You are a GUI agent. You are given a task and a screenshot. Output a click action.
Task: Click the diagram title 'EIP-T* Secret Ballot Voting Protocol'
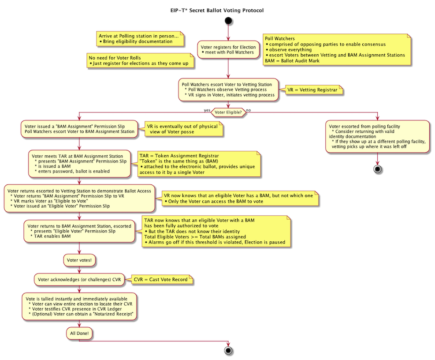click(217, 10)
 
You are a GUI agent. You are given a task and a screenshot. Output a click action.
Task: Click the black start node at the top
click(228, 21)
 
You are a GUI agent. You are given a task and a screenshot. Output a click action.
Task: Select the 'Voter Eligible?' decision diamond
click(228, 112)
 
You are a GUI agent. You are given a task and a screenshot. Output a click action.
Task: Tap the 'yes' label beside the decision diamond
click(207, 109)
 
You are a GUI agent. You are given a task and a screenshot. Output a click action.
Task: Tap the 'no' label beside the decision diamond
click(249, 109)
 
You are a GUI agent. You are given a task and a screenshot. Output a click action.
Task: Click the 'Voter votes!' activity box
click(79, 260)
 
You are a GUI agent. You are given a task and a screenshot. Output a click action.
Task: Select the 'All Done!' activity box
click(79, 334)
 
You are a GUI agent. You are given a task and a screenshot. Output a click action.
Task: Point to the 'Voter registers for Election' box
click(228, 49)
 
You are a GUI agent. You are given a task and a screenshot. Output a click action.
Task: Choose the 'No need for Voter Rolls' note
click(140, 60)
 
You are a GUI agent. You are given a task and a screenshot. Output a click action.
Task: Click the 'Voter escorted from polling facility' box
click(378, 136)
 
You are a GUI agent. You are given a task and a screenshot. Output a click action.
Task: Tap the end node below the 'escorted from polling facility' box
click(378, 169)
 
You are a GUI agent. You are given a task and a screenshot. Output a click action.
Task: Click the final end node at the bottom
click(228, 350)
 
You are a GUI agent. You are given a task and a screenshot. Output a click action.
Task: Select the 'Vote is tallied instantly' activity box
click(79, 306)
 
